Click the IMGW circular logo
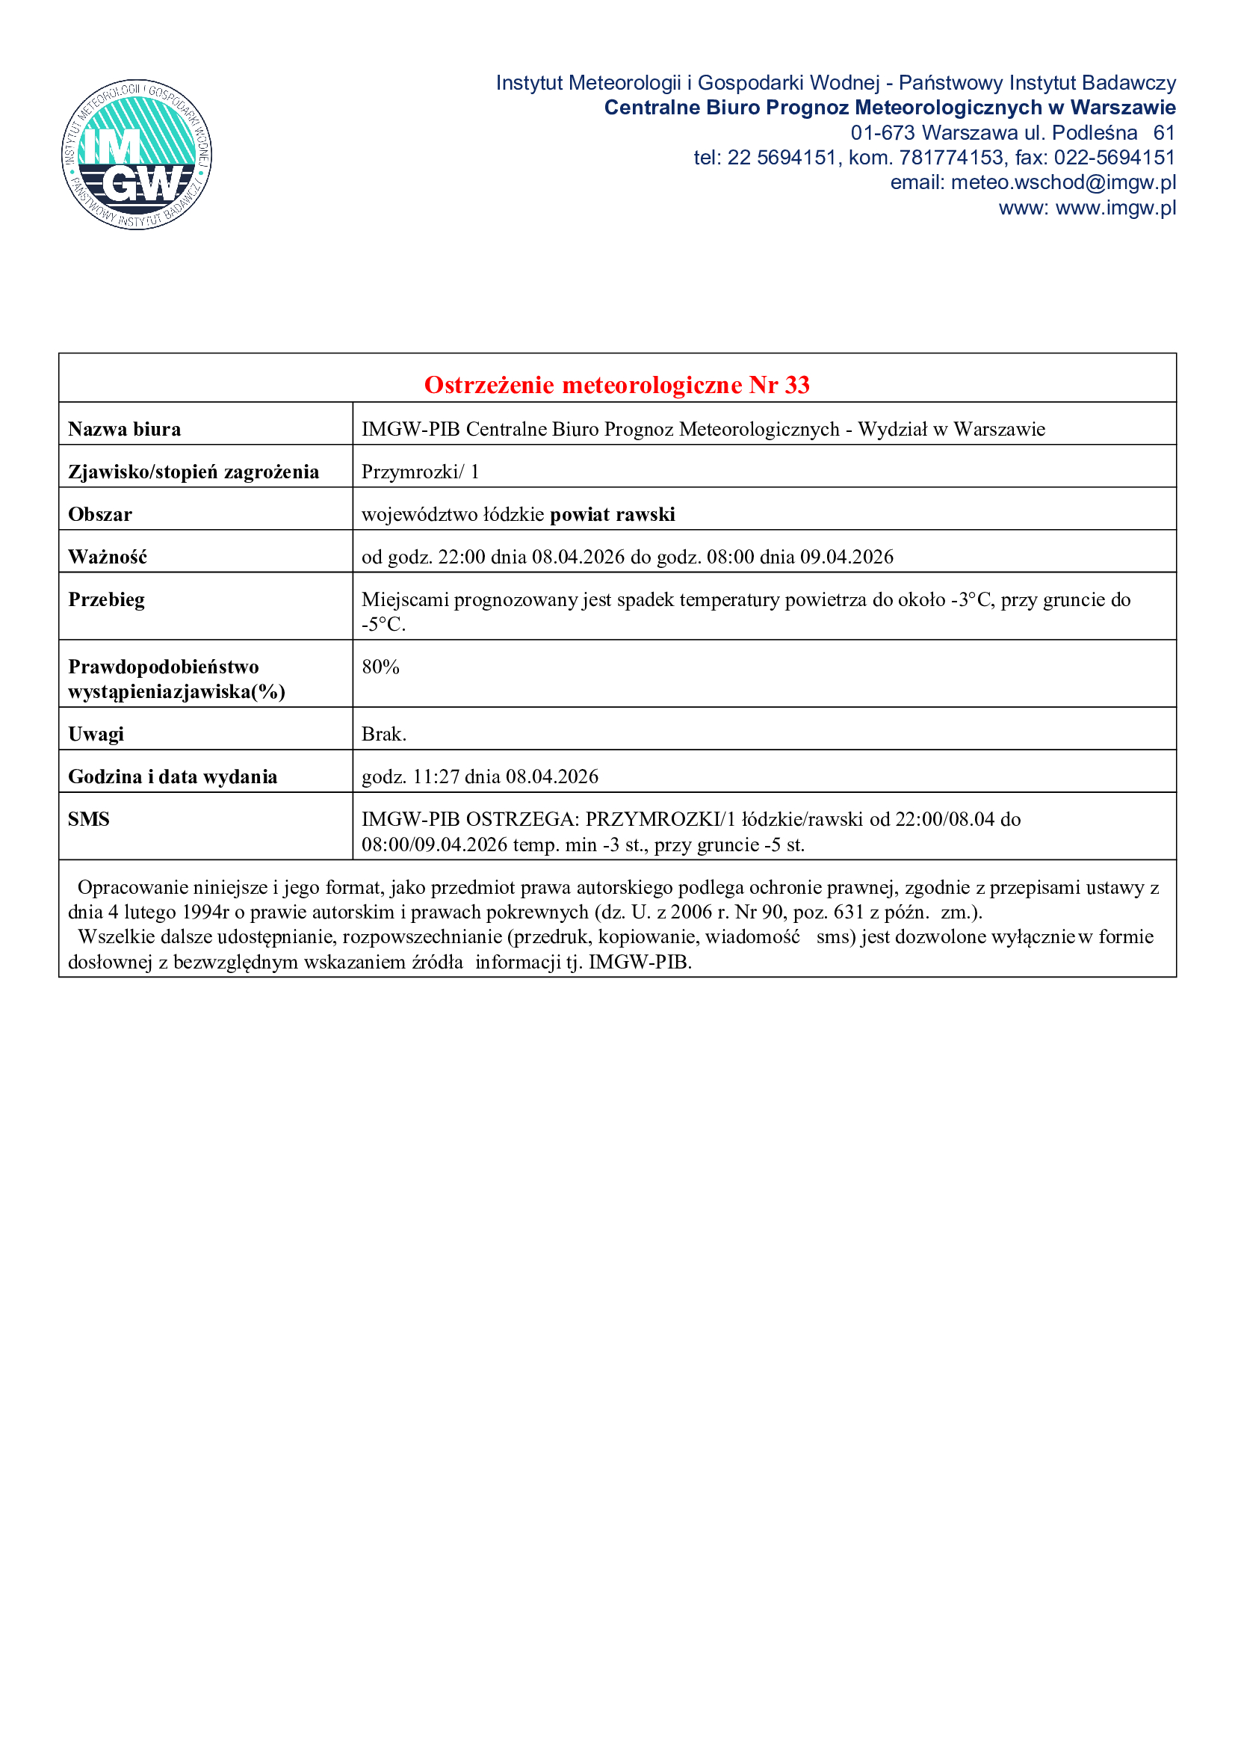tap(137, 155)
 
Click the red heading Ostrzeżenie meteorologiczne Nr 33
tap(616, 385)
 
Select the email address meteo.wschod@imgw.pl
tap(1063, 182)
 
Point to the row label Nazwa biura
tap(125, 430)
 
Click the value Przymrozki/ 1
tap(420, 472)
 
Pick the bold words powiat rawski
tap(613, 515)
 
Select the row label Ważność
tap(108, 558)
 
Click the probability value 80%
tap(380, 667)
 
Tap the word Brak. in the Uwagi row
tap(383, 734)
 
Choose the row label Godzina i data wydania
tap(173, 776)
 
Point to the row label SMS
tap(89, 819)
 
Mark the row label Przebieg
tap(107, 600)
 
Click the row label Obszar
tap(100, 515)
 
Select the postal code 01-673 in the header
tap(882, 133)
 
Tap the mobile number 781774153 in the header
tap(951, 158)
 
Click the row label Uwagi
tap(96, 734)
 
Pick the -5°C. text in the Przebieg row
tap(383, 625)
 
